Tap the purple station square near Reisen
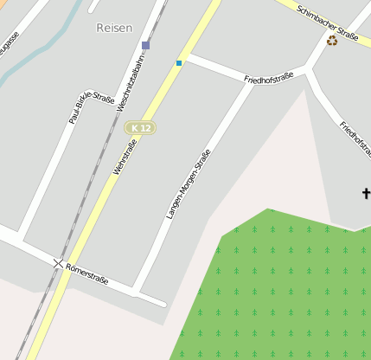pyautogui.click(x=145, y=45)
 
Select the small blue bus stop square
pyautogui.click(x=179, y=62)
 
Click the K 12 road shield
pyautogui.click(x=140, y=128)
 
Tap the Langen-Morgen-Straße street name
pyautogui.click(x=189, y=183)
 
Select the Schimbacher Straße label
pyautogui.click(x=327, y=22)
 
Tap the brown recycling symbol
pyautogui.click(x=332, y=40)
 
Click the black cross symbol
pyautogui.click(x=366, y=194)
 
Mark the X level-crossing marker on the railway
pyautogui.click(x=58, y=262)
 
